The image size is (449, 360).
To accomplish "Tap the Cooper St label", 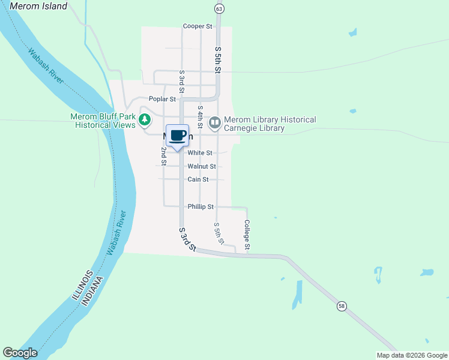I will tap(197, 26).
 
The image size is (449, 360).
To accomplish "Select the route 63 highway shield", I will tap(218, 8).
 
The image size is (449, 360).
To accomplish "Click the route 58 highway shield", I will tap(341, 306).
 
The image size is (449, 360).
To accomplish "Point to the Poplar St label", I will tap(162, 99).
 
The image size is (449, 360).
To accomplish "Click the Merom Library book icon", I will tap(214, 123).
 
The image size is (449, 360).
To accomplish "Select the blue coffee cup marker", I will tap(177, 136).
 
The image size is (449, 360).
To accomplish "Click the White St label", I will tap(200, 153).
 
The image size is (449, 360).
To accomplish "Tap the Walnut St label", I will tap(201, 166).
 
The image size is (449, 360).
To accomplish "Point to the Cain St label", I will tap(197, 179).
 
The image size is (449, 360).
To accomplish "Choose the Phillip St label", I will tap(200, 206).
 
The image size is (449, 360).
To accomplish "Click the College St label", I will tap(247, 235).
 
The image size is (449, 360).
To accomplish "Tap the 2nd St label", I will tap(163, 155).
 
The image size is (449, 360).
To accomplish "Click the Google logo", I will tap(20, 353).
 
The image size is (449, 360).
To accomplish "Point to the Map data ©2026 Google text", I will tap(412, 355).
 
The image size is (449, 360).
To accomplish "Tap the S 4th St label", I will tap(200, 116).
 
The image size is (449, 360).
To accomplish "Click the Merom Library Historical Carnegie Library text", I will tap(270, 124).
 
